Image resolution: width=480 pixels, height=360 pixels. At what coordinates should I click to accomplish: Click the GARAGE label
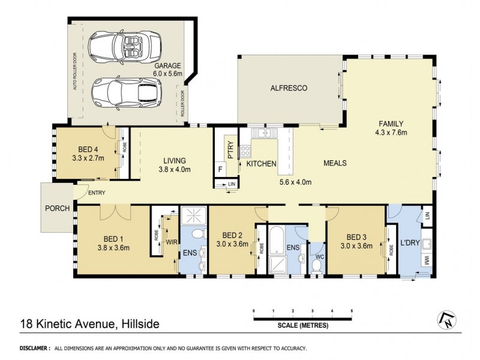(x=167, y=66)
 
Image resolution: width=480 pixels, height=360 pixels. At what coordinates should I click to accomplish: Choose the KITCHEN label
(x=260, y=163)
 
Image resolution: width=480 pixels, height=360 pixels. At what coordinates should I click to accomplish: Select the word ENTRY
(x=96, y=193)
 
